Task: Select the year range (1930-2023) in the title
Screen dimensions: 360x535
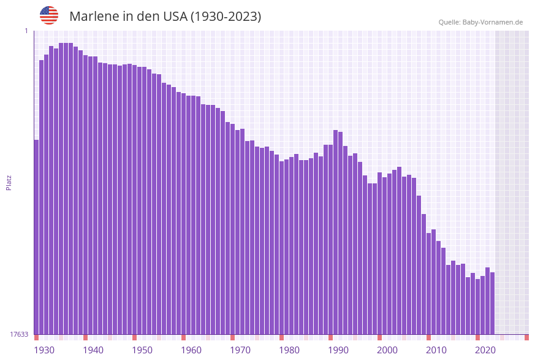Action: tap(226, 17)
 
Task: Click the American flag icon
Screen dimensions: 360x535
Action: tap(49, 15)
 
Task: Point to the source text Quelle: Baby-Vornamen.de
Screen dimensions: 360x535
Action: tap(480, 22)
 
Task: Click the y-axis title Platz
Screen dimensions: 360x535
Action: tap(9, 182)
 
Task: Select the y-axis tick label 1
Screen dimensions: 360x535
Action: tap(26, 31)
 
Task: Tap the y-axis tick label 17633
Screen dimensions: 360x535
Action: tap(19, 334)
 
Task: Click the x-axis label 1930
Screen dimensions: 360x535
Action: tap(44, 350)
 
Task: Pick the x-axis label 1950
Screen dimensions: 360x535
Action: tap(142, 350)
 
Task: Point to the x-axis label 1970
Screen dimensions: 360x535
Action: tap(240, 350)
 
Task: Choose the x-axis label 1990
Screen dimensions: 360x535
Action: tap(338, 350)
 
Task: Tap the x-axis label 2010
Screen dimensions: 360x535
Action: tap(436, 350)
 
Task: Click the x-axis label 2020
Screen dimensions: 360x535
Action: tap(485, 350)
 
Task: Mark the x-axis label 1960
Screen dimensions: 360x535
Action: tap(191, 350)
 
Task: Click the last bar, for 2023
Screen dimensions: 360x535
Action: tap(492, 303)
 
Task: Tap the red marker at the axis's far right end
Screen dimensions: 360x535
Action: tap(526, 337)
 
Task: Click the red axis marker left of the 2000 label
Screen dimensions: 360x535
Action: tap(379, 337)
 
